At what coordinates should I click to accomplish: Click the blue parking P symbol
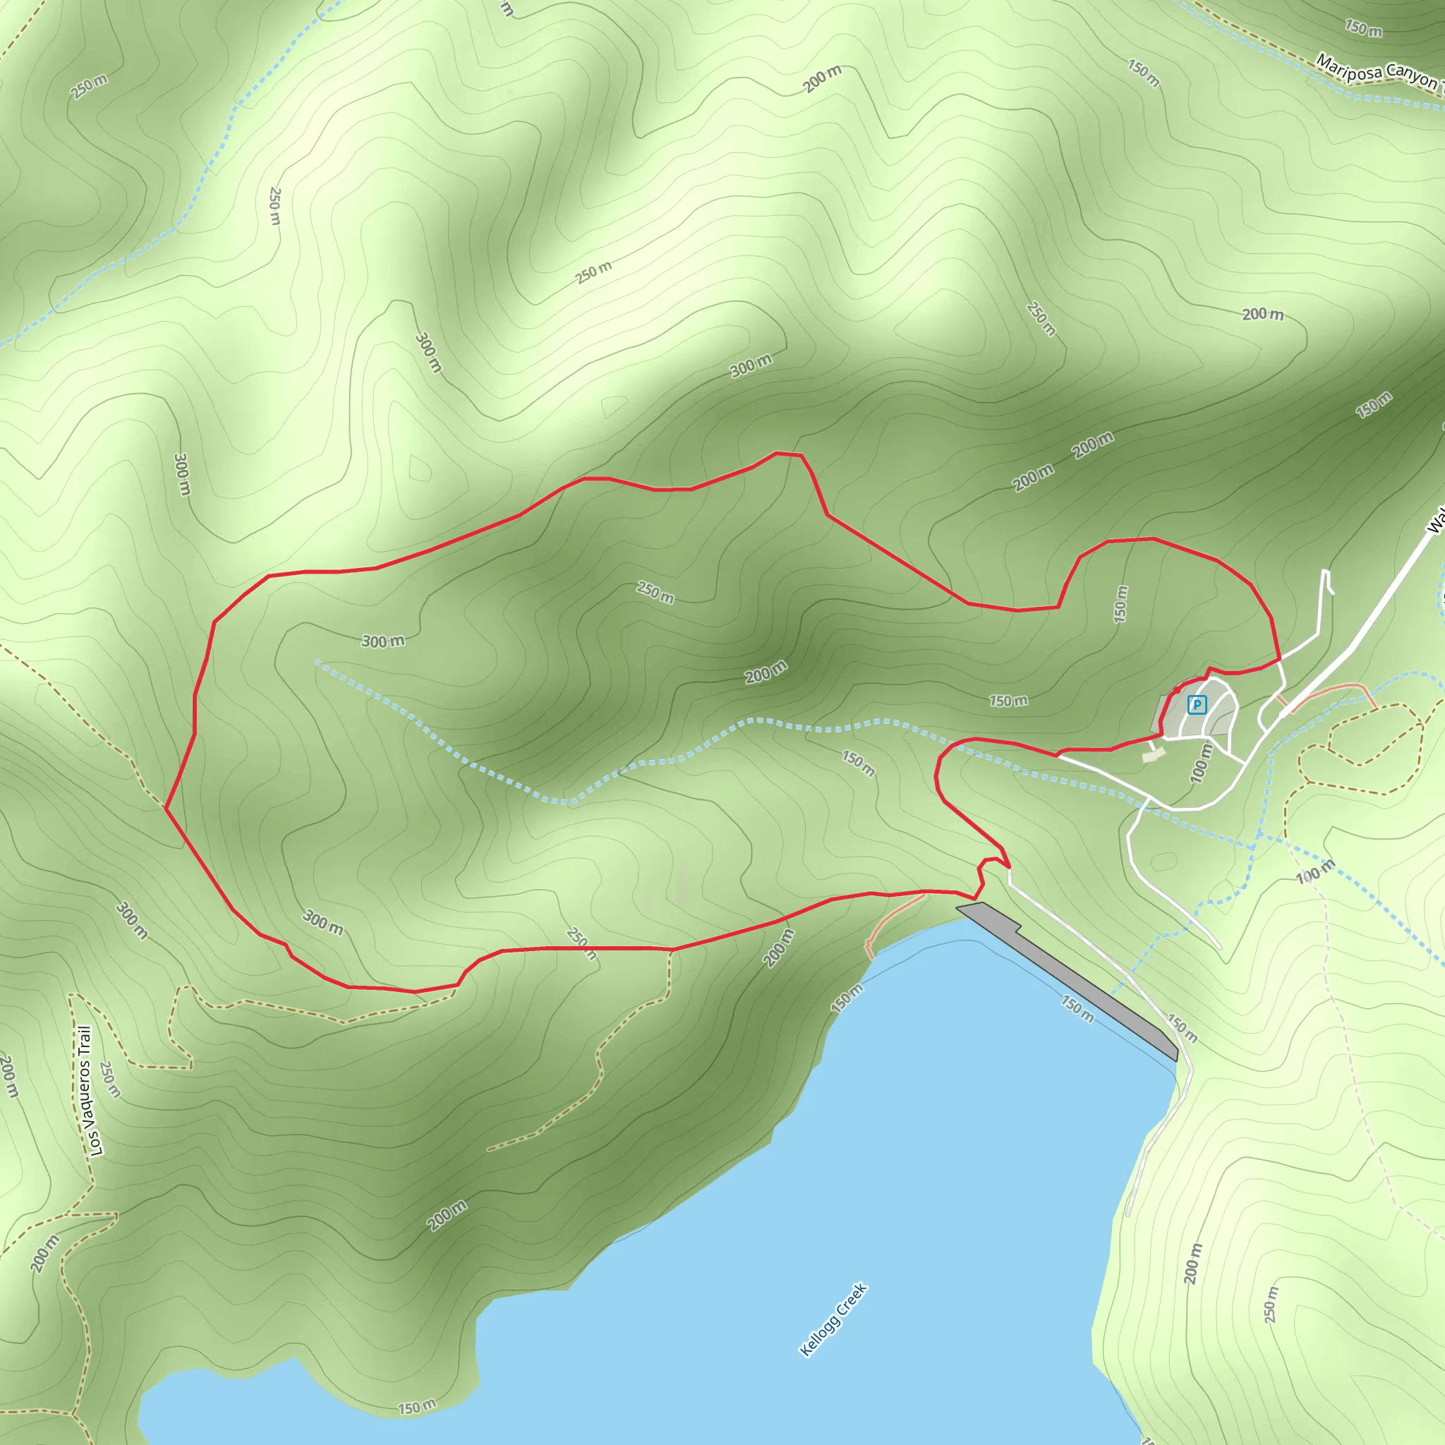coord(1197,705)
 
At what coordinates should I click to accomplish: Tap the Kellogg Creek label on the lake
coord(833,1319)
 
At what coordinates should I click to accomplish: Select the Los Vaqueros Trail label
coord(87,1092)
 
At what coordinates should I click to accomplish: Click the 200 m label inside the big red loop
coord(766,672)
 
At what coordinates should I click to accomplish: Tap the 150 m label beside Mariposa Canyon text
coord(1363,29)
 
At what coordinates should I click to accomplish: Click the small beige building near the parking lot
coord(1154,756)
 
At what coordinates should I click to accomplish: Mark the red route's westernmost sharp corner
coord(165,809)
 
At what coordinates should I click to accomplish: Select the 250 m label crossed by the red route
coord(582,944)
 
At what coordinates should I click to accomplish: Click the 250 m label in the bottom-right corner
coord(1271,1305)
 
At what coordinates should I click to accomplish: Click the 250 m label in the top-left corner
coord(89,87)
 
